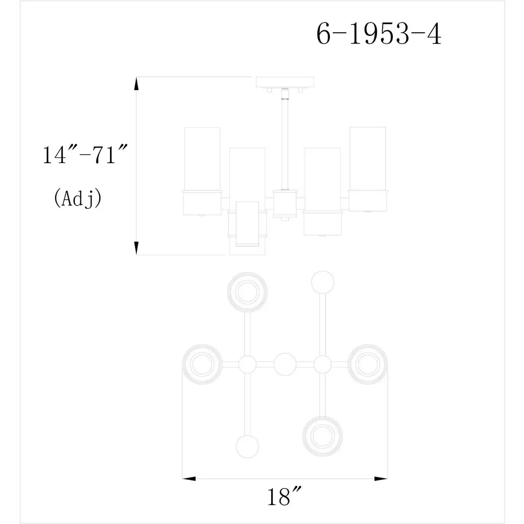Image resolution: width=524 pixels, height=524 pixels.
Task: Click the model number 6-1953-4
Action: [x=379, y=34]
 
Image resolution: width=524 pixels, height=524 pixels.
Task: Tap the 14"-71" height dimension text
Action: [x=85, y=154]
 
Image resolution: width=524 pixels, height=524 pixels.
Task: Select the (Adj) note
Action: [x=78, y=198]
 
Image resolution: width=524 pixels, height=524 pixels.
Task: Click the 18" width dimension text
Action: [x=284, y=496]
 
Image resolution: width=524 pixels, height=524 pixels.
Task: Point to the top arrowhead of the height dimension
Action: [x=136, y=83]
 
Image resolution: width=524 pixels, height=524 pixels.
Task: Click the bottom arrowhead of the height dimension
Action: [x=136, y=248]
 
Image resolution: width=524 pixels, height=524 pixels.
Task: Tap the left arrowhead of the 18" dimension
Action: [x=189, y=478]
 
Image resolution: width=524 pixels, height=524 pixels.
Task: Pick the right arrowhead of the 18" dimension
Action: [x=381, y=478]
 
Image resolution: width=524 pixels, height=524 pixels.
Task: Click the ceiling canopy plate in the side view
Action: [x=285, y=82]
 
